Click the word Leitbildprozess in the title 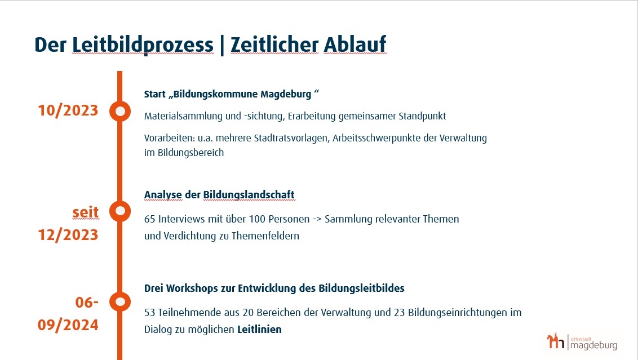coord(143,45)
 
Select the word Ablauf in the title coord(355,44)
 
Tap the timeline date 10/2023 coord(68,110)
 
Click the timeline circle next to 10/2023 coord(120,111)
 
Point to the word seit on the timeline coord(86,212)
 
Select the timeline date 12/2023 coord(68,235)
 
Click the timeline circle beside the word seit coord(120,211)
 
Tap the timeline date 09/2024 coord(68,325)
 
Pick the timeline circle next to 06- coord(120,302)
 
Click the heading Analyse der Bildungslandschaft coord(219,195)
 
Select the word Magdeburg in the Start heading coord(286,95)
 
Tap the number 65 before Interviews coord(150,219)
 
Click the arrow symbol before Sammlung coord(317,219)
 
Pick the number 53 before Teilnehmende coord(150,313)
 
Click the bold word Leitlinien coord(260,330)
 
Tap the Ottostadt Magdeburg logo coord(582,342)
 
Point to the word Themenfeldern coord(265,236)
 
